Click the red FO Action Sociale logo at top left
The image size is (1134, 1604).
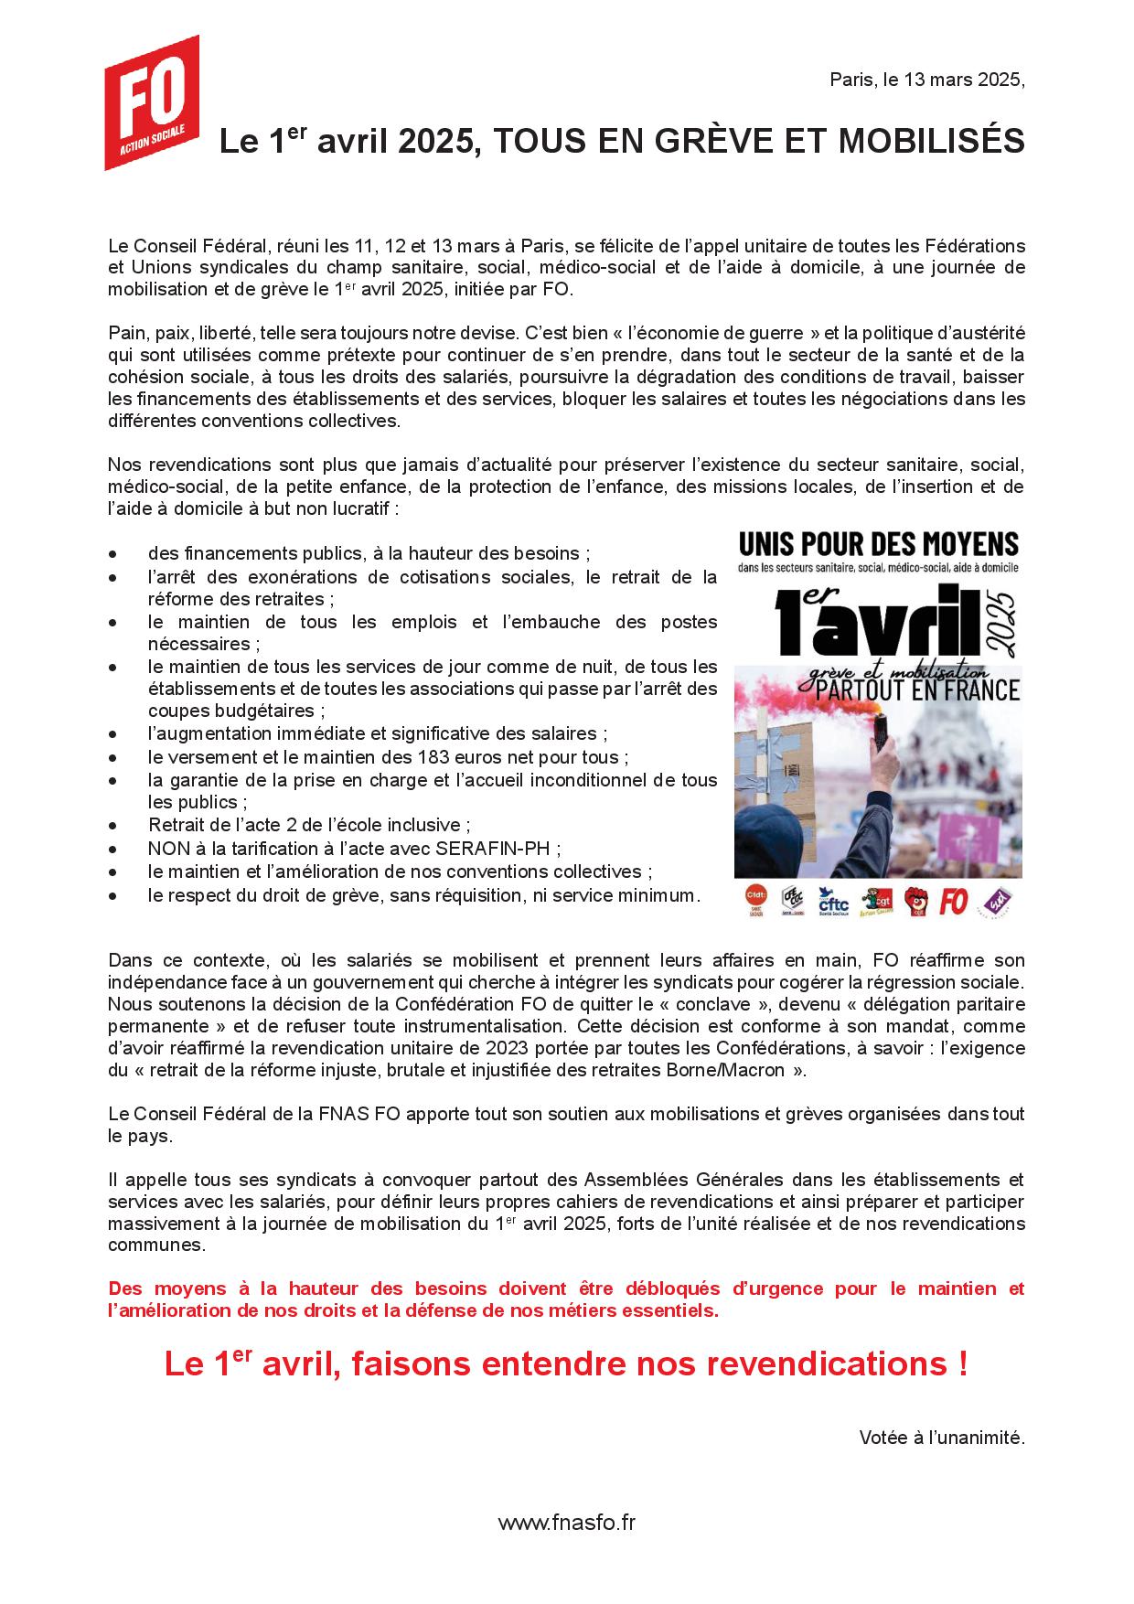151,102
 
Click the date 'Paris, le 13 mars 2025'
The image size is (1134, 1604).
926,80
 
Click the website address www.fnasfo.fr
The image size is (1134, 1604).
566,1523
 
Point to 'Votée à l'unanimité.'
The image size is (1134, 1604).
941,1438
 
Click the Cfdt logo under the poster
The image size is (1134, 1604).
755,900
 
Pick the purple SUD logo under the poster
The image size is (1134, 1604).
993,902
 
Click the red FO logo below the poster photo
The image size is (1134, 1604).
953,902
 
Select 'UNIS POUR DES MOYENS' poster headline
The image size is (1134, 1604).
878,545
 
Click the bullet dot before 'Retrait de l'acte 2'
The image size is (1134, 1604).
112,825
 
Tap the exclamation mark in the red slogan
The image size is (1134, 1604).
962,1364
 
